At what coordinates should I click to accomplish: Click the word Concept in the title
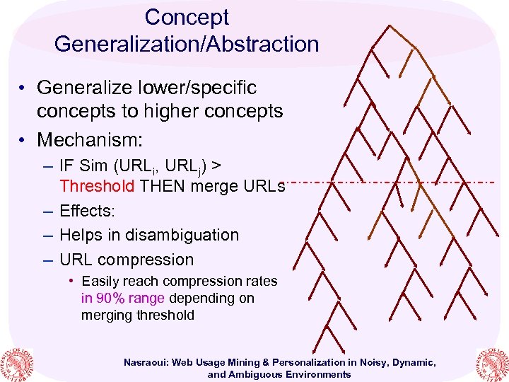[187, 17]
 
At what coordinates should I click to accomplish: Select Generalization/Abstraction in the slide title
[187, 44]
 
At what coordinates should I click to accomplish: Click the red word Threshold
[98, 187]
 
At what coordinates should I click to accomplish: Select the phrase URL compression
[127, 260]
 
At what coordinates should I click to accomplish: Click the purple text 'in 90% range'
[122, 298]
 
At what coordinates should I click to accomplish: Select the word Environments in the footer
[314, 374]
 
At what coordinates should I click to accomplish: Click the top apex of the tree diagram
[388, 25]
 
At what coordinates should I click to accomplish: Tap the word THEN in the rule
[161, 187]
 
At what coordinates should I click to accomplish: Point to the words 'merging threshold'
[137, 315]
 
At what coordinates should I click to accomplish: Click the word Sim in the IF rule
[94, 166]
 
